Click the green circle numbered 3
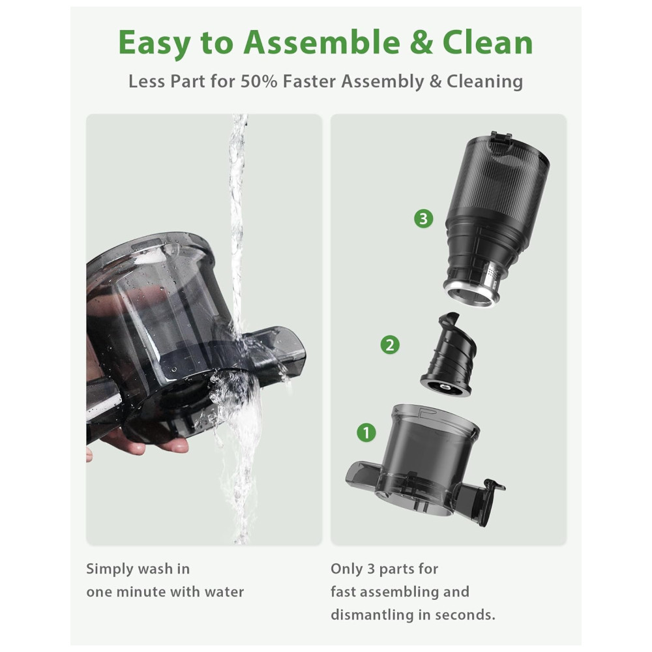[423, 218]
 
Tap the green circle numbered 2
[390, 345]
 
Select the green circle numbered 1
[366, 432]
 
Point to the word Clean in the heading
[487, 43]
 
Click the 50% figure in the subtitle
[259, 81]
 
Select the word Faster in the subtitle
[309, 81]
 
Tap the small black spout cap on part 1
[494, 486]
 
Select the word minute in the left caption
[140, 592]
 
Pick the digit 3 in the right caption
[371, 569]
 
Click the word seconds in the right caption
[467, 615]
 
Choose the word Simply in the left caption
[109, 569]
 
